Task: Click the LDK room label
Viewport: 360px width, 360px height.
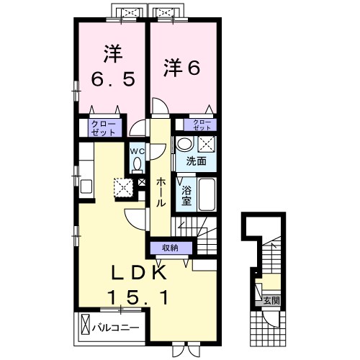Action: [x=139, y=272]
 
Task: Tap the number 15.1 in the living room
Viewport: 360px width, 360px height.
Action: [x=138, y=297]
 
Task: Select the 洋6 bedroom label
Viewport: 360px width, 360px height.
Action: [x=181, y=68]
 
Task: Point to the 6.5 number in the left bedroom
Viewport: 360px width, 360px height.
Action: [x=113, y=79]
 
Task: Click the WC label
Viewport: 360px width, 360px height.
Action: [x=138, y=151]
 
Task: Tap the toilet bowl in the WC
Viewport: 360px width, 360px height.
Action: [x=138, y=165]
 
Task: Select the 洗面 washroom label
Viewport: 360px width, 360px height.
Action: [x=196, y=161]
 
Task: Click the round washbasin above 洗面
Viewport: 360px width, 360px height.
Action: [x=184, y=143]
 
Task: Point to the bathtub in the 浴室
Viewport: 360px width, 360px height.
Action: [x=207, y=194]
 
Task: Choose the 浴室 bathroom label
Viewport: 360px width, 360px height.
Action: [x=186, y=195]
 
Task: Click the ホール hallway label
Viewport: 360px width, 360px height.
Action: [x=161, y=193]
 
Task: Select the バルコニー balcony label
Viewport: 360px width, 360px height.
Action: [x=116, y=328]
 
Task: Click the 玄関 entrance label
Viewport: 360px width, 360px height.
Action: [x=271, y=300]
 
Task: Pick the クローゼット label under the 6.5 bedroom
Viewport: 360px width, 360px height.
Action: [x=104, y=129]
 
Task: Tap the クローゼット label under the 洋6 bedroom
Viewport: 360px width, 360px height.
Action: [x=202, y=125]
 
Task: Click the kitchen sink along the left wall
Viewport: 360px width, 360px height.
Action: [x=86, y=186]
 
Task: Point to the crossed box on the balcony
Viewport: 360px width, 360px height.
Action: [x=85, y=325]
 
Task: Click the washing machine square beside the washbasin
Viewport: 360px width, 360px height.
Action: [x=207, y=144]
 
